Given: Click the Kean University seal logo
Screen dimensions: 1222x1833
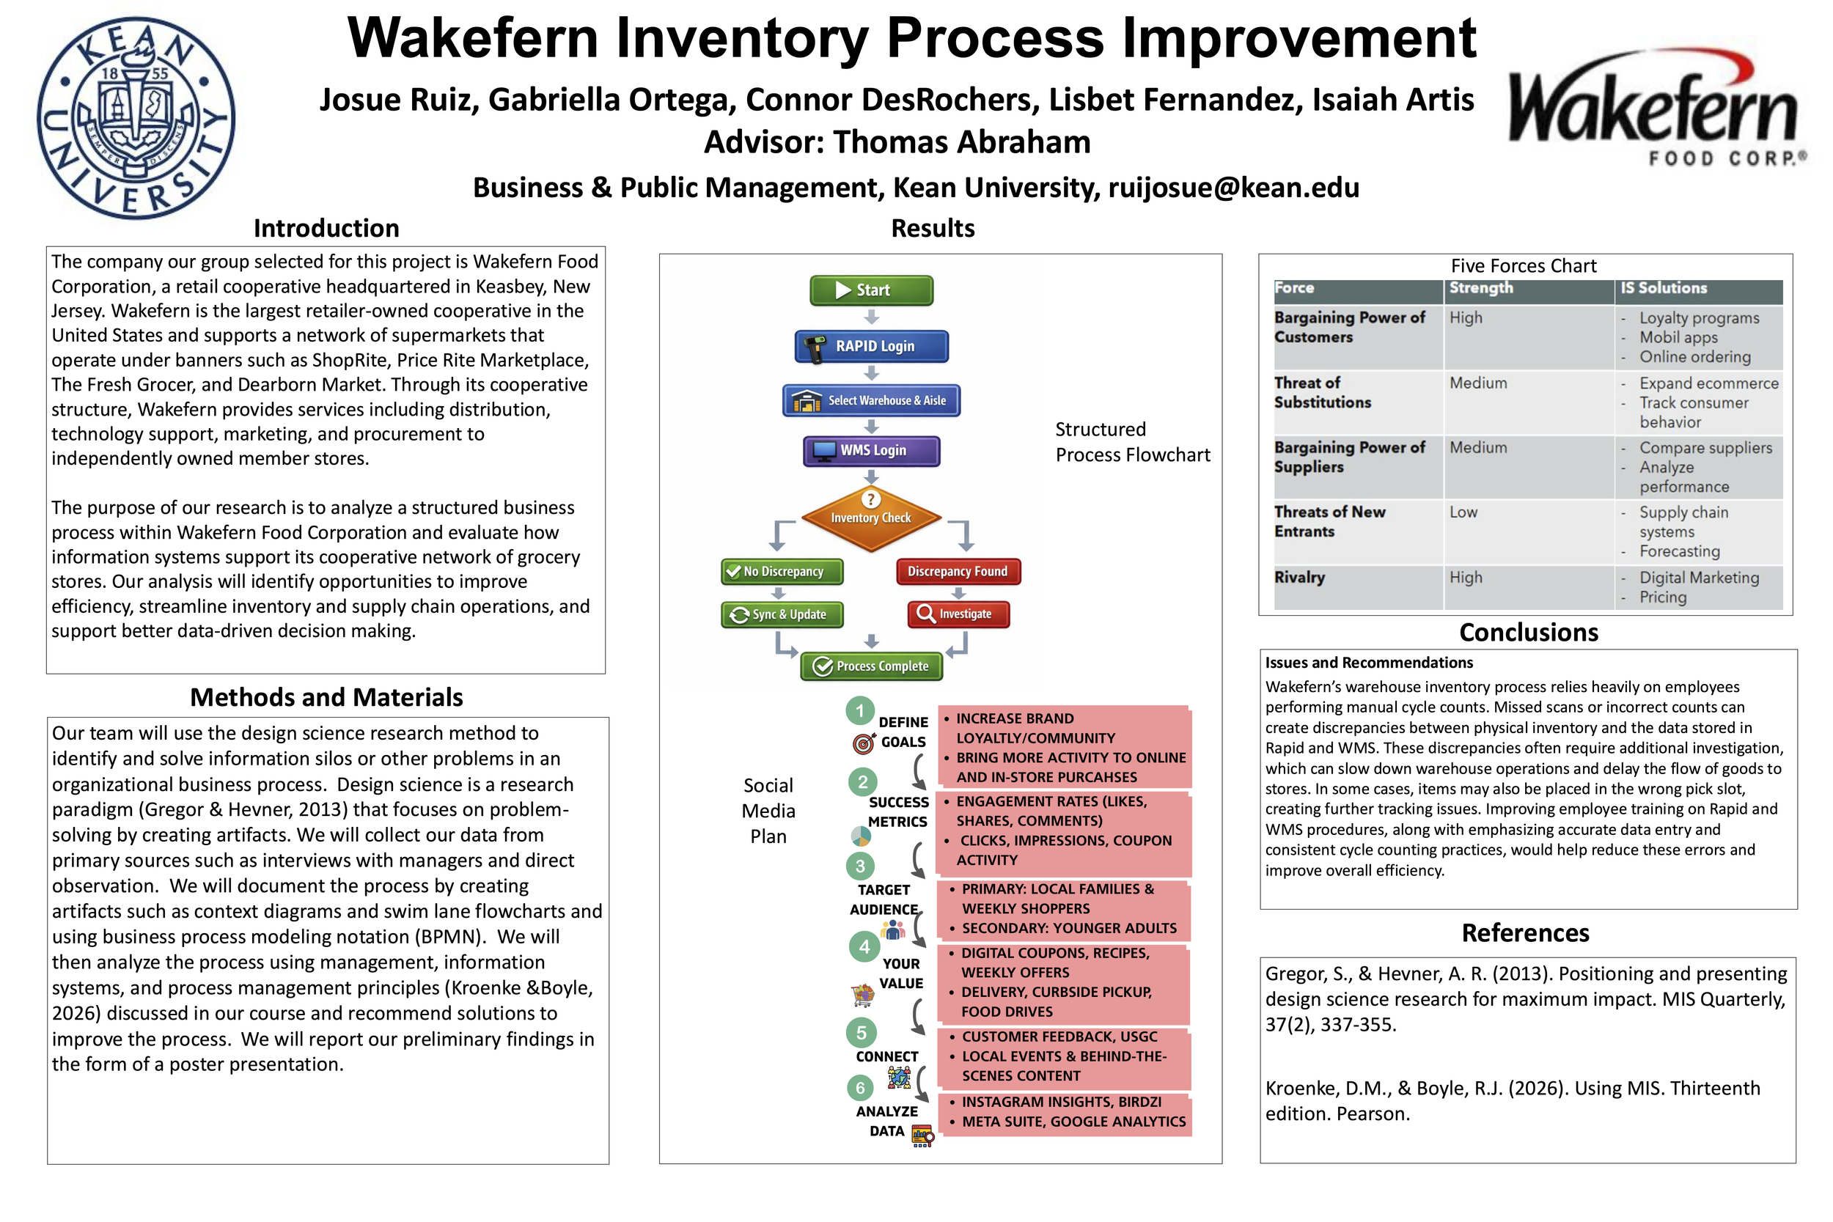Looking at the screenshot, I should click(136, 119).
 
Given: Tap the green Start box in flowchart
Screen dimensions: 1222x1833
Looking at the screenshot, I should click(871, 290).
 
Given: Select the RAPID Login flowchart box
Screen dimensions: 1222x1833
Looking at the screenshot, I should click(871, 346).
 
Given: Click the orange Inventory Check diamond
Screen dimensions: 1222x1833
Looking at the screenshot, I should click(870, 517).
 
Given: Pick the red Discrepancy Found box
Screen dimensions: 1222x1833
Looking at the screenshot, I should click(958, 571).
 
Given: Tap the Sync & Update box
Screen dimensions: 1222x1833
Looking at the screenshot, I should click(782, 614).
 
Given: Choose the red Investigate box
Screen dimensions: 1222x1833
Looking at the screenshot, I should click(958, 614).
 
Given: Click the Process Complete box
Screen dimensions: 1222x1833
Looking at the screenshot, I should click(871, 666).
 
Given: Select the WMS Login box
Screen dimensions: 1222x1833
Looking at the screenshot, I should click(871, 450).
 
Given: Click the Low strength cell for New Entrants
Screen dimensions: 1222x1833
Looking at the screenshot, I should click(1463, 512).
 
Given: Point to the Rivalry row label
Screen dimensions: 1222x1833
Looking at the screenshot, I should click(1299, 578).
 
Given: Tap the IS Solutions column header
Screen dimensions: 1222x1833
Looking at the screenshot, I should click(1664, 288).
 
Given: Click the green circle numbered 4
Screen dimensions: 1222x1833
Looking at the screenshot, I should click(864, 947).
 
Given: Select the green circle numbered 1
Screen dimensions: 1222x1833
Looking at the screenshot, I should click(859, 711).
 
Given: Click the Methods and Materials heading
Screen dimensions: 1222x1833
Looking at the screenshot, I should click(326, 696).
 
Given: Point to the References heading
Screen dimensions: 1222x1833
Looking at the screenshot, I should click(1525, 933).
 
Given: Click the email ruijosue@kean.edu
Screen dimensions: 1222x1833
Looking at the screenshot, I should click(1234, 188).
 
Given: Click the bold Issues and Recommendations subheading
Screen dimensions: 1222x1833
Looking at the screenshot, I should click(1368, 663).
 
